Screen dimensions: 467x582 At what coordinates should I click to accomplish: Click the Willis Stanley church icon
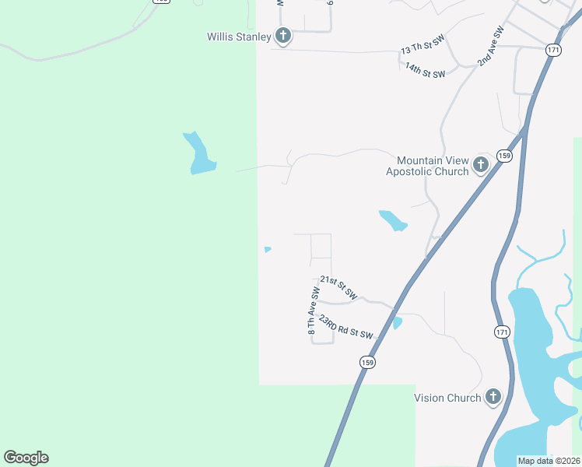click(283, 36)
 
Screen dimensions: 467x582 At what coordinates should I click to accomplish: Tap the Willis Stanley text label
click(239, 37)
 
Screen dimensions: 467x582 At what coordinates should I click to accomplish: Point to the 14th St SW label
click(425, 69)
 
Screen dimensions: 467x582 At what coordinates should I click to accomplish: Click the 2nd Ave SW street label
click(491, 47)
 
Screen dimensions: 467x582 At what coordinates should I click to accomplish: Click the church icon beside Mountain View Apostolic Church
click(481, 165)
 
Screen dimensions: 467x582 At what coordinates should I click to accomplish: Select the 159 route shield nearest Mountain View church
click(505, 156)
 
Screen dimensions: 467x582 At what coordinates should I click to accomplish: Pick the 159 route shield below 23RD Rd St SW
click(367, 362)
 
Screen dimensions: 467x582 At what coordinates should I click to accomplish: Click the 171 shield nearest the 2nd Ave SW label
click(553, 50)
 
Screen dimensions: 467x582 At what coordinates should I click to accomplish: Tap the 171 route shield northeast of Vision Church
click(502, 332)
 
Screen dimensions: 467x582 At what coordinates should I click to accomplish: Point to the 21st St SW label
click(338, 288)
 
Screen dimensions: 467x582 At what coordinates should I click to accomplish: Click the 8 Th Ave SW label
click(314, 311)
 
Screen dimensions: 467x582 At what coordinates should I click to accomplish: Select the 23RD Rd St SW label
click(345, 327)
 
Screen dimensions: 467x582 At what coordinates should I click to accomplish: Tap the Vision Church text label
click(447, 398)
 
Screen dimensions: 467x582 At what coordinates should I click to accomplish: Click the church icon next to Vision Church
click(493, 398)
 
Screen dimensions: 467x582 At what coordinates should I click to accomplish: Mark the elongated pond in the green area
click(198, 153)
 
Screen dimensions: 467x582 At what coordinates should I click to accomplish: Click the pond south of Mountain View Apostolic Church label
click(392, 221)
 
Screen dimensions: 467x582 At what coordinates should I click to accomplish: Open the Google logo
click(26, 458)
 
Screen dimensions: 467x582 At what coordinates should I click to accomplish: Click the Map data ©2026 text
click(548, 461)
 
